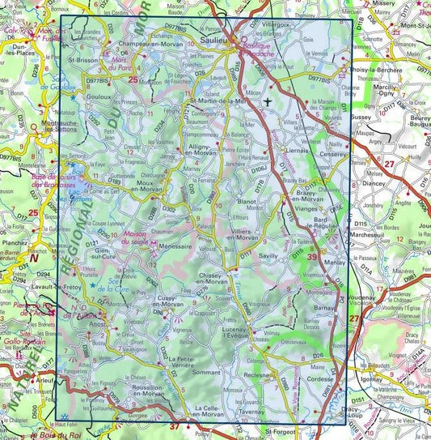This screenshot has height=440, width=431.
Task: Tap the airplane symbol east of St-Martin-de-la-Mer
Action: (x=268, y=101)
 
